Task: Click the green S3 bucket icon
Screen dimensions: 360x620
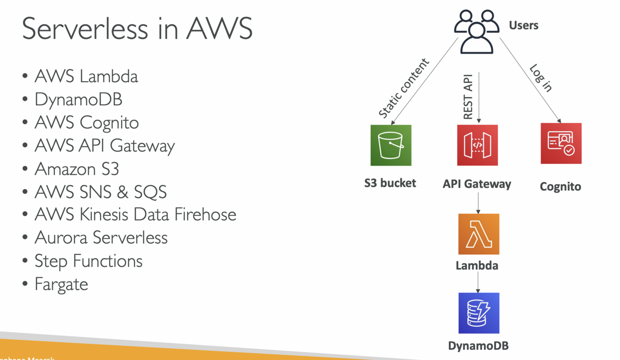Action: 390,145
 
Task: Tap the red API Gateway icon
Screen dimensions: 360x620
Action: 477,145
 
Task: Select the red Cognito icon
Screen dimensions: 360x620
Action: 561,143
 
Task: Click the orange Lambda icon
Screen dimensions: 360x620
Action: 478,234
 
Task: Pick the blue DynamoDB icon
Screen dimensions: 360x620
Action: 478,313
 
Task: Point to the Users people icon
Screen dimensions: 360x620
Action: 476,32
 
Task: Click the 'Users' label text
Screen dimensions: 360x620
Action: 523,25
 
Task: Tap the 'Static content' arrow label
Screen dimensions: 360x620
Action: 403,88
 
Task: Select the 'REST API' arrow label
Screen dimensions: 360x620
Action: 468,96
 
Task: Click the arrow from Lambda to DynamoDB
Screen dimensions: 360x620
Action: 478,282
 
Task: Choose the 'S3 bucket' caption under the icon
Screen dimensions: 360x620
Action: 390,183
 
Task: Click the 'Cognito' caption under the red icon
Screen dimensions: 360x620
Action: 560,187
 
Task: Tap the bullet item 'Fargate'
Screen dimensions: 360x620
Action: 61,284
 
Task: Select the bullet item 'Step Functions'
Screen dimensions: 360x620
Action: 88,261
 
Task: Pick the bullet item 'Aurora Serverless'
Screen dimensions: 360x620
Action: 101,238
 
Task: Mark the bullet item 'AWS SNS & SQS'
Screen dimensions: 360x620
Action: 100,192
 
